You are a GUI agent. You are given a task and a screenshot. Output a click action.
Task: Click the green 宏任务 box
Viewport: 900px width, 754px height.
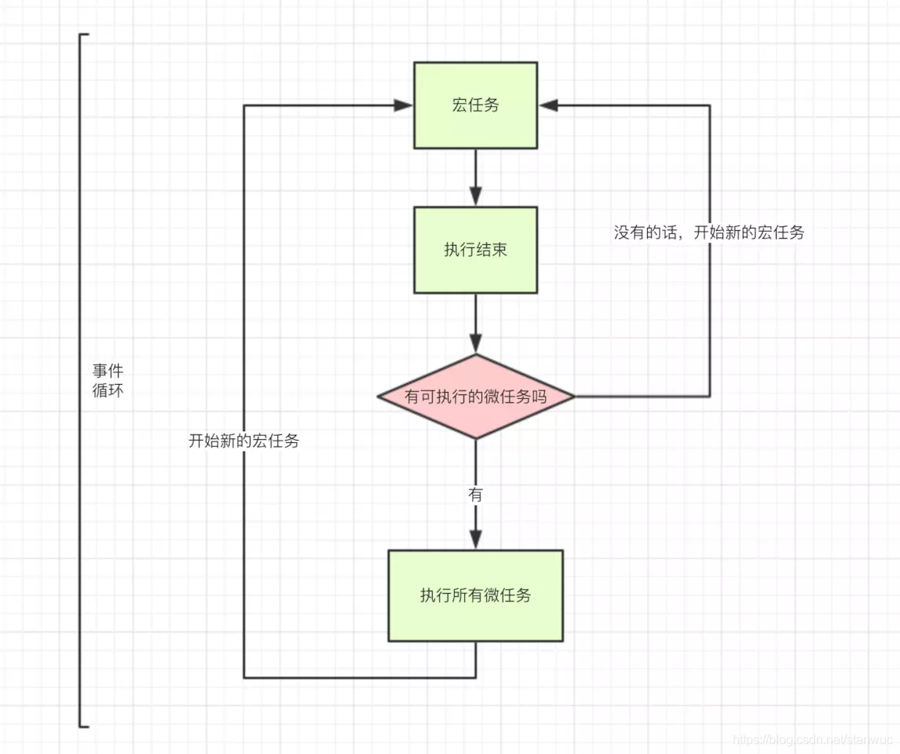[x=475, y=105]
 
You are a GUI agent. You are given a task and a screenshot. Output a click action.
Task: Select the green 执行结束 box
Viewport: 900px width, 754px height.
[x=475, y=250]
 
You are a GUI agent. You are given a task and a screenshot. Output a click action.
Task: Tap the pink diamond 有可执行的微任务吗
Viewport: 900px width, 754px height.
[x=475, y=397]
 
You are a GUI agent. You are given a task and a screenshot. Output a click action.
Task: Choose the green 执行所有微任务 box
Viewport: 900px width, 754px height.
[x=475, y=595]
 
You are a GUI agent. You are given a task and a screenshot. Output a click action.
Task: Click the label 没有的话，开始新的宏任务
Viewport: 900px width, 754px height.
[x=708, y=232]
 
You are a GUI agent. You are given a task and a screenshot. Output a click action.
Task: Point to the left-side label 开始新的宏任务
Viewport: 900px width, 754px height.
[x=243, y=441]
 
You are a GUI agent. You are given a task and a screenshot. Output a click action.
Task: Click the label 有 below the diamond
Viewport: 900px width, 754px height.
[x=475, y=495]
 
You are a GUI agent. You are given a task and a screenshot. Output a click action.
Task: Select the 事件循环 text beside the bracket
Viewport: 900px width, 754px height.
[x=108, y=380]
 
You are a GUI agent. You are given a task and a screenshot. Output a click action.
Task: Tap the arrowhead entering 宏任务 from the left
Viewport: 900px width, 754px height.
[x=404, y=105]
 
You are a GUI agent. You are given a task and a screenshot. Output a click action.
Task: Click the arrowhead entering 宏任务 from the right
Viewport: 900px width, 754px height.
[x=547, y=105]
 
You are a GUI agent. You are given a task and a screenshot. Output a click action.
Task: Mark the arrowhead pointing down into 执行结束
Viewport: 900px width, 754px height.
[x=475, y=197]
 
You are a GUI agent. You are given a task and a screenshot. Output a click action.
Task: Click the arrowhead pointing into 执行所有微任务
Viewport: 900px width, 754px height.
[x=475, y=540]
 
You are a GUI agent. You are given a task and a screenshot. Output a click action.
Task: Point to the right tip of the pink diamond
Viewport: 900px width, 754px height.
[x=573, y=397]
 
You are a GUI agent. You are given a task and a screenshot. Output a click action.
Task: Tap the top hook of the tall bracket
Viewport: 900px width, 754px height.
[x=85, y=35]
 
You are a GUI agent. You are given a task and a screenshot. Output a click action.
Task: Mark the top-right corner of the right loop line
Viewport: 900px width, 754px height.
[x=710, y=105]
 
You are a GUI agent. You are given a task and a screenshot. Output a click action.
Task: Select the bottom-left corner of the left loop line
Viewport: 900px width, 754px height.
[x=244, y=677]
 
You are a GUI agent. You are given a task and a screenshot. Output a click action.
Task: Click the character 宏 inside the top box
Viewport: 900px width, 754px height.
[x=459, y=105]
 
